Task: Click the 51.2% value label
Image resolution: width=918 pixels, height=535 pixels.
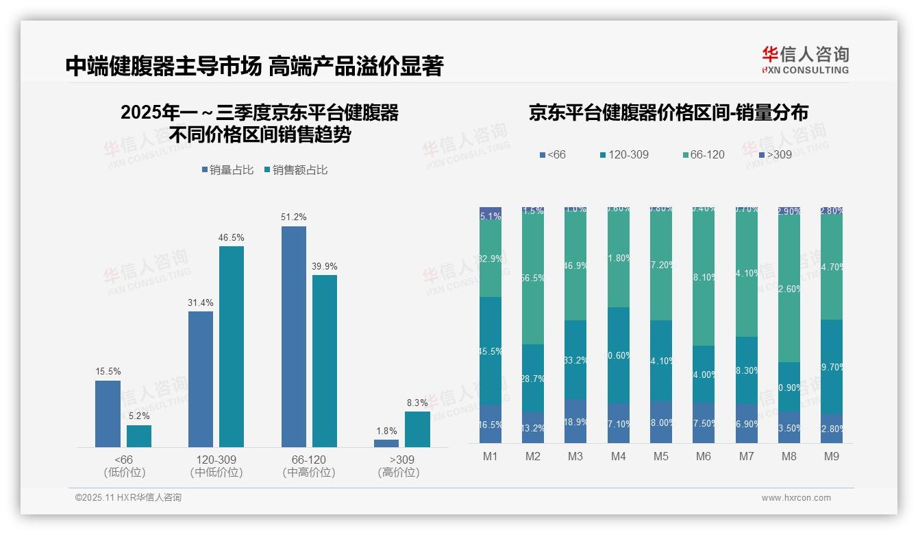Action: [x=294, y=217]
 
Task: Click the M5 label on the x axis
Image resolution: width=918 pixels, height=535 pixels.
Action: [x=661, y=456]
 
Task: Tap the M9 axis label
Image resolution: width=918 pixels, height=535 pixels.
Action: [x=831, y=456]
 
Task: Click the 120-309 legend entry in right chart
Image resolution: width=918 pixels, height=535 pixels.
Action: [x=623, y=155]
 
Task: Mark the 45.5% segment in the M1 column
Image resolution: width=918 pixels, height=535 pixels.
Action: [x=491, y=350]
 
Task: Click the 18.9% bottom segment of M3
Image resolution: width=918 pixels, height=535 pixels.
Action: [x=575, y=421]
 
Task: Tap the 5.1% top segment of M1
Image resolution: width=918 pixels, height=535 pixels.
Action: [x=491, y=215]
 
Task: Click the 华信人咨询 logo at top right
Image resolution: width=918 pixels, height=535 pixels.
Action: [x=805, y=60]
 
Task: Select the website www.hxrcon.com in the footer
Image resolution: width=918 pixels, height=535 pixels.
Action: [x=795, y=498]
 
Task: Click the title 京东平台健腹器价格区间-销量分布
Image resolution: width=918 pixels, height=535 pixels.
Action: [x=668, y=113]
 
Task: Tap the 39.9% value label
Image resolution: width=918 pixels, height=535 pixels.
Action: [x=325, y=266]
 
